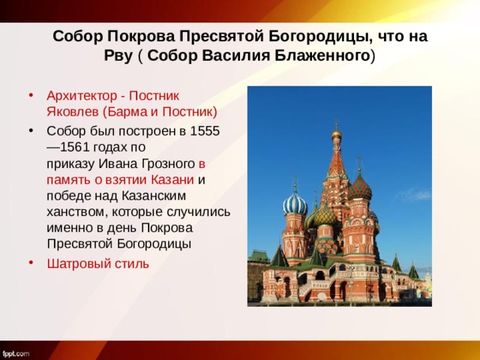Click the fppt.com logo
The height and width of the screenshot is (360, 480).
16,352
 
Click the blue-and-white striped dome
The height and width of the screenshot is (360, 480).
295,203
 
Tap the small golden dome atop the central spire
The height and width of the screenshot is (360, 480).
336,134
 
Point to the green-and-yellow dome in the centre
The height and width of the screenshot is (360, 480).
324,216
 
